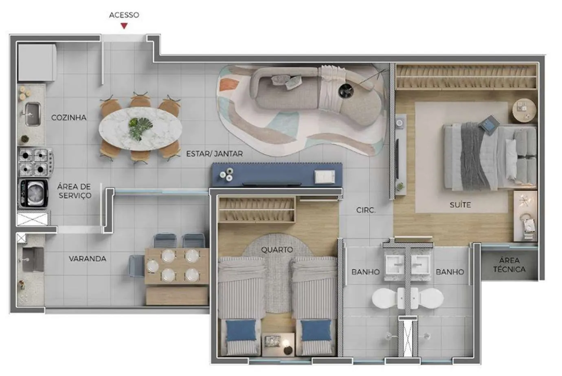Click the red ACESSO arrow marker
click(x=124, y=26)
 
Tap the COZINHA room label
click(x=69, y=117)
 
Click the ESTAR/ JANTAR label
click(x=215, y=154)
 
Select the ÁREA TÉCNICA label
click(x=509, y=265)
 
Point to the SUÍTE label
click(x=460, y=205)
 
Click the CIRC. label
click(x=366, y=210)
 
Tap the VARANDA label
click(x=88, y=259)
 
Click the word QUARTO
click(x=277, y=249)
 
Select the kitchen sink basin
click(x=33, y=114)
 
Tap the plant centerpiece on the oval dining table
click(x=140, y=128)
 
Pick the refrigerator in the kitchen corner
click(x=37, y=62)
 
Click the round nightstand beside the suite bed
click(x=524, y=111)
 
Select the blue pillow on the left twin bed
click(x=241, y=330)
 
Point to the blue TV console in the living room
click(x=277, y=175)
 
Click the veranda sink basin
click(x=32, y=259)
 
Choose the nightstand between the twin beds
click(x=278, y=344)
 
